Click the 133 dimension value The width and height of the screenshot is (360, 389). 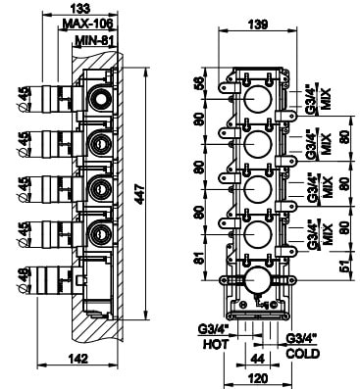tap(80, 8)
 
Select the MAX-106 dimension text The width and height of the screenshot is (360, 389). tap(87, 24)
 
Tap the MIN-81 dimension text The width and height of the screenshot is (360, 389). tap(94, 40)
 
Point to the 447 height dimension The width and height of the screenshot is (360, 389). tap(140, 194)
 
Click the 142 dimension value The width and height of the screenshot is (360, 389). tap(78, 359)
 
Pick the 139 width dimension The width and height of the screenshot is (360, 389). tap(258, 24)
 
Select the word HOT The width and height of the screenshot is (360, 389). tap(216, 344)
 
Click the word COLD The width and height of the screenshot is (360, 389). tap(303, 354)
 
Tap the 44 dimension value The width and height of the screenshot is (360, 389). tap(257, 359)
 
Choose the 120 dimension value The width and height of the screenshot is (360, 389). tap(258, 378)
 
